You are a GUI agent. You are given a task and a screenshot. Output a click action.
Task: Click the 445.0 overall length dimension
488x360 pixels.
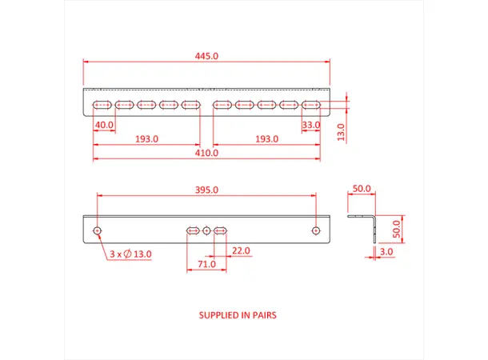click(x=207, y=56)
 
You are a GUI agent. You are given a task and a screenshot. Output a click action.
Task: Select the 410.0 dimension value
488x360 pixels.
click(x=207, y=154)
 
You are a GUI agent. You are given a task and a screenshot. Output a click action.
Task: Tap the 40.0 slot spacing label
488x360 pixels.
click(x=104, y=126)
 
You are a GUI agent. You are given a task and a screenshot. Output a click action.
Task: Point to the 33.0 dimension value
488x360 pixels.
click(x=311, y=126)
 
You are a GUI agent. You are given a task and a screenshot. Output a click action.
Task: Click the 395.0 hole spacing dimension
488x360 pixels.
click(x=207, y=190)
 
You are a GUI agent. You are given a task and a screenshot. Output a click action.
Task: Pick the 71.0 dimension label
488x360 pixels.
click(x=206, y=264)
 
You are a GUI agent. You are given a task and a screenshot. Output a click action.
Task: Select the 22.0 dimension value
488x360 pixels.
click(x=240, y=250)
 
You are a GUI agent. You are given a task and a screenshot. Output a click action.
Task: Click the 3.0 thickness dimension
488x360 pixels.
click(x=386, y=253)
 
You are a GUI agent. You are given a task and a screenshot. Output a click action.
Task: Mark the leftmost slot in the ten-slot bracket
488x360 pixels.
click(x=102, y=105)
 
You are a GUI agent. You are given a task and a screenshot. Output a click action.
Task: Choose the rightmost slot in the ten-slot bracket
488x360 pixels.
click(x=311, y=105)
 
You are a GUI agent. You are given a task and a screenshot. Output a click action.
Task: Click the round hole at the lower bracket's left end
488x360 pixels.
click(x=97, y=230)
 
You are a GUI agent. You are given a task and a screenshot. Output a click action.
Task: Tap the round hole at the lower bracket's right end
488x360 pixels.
click(x=317, y=230)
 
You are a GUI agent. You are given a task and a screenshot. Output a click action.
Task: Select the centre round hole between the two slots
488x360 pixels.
click(x=207, y=230)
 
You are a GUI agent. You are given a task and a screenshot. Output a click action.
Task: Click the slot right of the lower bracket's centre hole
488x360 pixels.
click(x=221, y=230)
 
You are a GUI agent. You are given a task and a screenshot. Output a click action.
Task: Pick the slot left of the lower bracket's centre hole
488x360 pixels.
click(x=193, y=230)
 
